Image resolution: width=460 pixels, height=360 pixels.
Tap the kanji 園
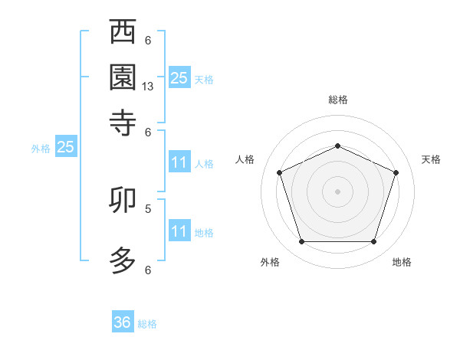[x=123, y=77]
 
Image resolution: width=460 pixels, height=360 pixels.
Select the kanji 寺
[x=123, y=121]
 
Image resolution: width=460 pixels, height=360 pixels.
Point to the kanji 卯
[x=123, y=201]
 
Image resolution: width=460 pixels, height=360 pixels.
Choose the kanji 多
[x=123, y=259]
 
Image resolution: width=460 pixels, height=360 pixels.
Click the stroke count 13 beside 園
[x=148, y=87]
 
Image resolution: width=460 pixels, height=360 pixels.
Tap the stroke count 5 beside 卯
[x=148, y=208]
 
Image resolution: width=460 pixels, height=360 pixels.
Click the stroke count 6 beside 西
[x=148, y=41]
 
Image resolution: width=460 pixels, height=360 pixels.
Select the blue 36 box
[x=123, y=322]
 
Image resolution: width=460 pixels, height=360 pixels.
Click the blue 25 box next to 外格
[x=65, y=148]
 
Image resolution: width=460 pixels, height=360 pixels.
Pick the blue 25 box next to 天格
[x=179, y=77]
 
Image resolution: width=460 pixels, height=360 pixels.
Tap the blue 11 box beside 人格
[x=179, y=162]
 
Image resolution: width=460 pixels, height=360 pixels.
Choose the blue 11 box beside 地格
[x=179, y=231]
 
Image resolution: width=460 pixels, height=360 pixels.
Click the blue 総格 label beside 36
[x=147, y=324]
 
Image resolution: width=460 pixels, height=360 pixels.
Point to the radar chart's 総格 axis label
[x=337, y=100]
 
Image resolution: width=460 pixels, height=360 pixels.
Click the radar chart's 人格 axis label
[x=245, y=159]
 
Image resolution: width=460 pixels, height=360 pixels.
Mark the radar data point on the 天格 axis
[x=396, y=172]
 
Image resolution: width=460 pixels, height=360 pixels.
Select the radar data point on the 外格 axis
[x=301, y=242]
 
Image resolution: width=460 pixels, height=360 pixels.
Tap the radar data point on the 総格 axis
[x=337, y=146]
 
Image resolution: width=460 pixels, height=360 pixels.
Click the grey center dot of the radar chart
[x=337, y=191]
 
